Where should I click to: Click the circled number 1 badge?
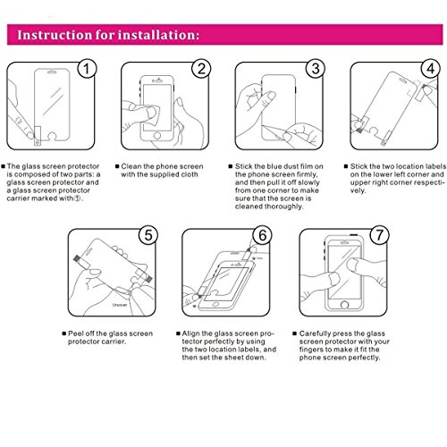(x=87, y=69)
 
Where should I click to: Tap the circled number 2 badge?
(x=201, y=69)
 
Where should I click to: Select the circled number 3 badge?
(x=316, y=69)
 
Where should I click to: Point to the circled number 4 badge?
(x=431, y=69)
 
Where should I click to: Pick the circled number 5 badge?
(x=148, y=235)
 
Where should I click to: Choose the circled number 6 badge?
(x=263, y=235)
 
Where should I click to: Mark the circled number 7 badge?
(x=380, y=235)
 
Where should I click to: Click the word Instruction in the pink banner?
(x=55, y=35)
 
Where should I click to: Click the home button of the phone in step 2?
(x=157, y=136)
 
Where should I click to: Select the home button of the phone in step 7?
(x=345, y=305)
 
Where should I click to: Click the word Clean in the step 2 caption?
(x=131, y=166)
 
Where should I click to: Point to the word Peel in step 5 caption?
(x=76, y=333)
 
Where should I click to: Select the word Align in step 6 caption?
(x=191, y=333)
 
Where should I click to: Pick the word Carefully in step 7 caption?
(x=316, y=333)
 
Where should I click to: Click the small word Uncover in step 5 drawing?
(x=120, y=305)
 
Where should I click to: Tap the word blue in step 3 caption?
(x=274, y=166)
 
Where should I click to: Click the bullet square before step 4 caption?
(x=346, y=166)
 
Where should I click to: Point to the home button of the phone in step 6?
(x=215, y=305)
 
